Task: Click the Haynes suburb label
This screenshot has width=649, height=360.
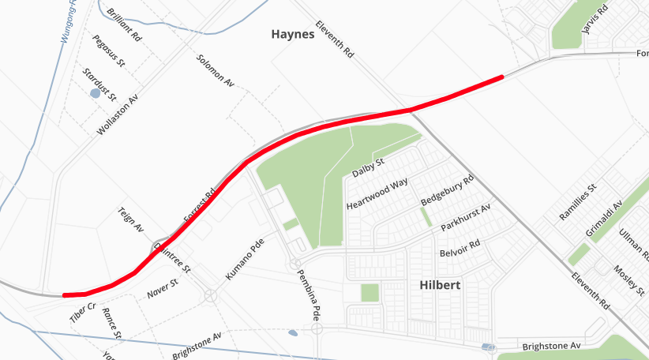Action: (292, 35)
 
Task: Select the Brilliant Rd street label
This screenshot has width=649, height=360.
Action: (123, 26)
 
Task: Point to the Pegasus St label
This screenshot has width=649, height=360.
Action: (108, 51)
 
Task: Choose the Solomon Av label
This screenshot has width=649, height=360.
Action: (215, 71)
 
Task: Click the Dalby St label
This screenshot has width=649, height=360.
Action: (367, 167)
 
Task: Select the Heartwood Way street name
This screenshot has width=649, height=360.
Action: (377, 194)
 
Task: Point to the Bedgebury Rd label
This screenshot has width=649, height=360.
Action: (446, 191)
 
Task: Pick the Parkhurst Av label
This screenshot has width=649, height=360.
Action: (466, 216)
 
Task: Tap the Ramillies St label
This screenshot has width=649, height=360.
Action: (577, 203)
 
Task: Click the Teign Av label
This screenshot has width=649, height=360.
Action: (130, 219)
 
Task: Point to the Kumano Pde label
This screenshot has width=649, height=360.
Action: (243, 261)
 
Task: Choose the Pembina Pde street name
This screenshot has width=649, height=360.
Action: (309, 294)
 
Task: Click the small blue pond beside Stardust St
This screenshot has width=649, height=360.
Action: (96, 93)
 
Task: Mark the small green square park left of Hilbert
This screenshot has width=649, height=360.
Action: (370, 293)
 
